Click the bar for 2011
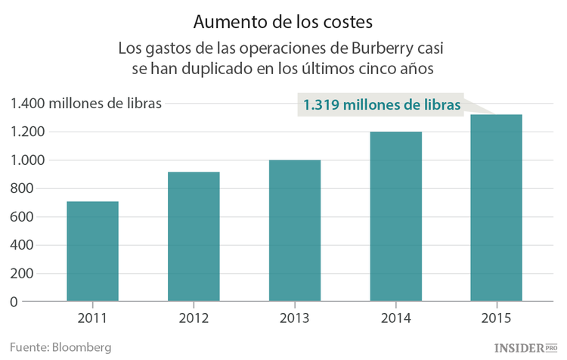[92, 251]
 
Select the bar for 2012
[194, 237]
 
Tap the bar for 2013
[294, 231]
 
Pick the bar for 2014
[395, 216]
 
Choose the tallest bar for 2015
[497, 208]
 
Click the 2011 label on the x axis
[92, 318]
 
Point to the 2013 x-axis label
[294, 318]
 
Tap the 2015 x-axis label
[497, 318]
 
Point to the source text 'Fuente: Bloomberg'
[60, 347]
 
